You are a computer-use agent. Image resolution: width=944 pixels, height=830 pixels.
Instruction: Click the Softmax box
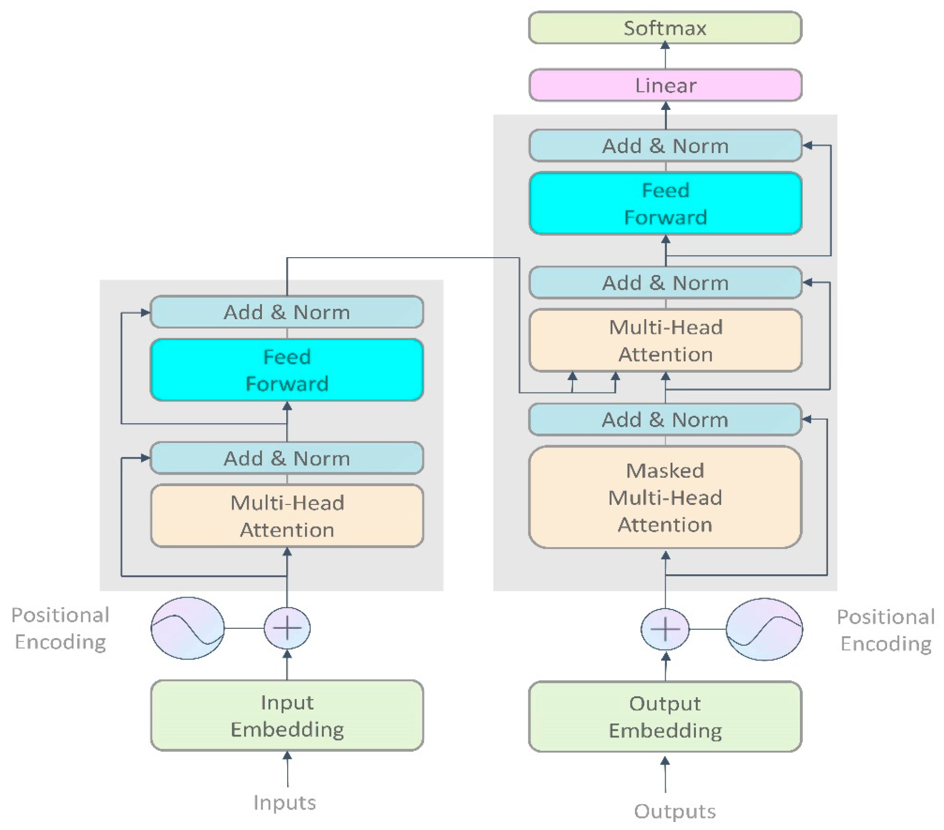(665, 28)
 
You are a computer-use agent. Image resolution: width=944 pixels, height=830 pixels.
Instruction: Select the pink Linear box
(665, 85)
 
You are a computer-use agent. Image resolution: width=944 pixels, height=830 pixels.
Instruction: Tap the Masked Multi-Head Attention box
(665, 497)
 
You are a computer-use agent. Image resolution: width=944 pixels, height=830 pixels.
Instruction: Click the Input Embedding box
(287, 715)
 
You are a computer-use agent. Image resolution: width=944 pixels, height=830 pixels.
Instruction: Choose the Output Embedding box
(665, 717)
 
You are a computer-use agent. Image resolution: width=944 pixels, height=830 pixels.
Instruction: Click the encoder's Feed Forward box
(287, 370)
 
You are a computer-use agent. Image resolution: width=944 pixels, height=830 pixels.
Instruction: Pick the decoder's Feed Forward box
(665, 203)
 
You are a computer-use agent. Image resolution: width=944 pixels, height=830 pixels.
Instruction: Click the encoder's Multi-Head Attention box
(287, 516)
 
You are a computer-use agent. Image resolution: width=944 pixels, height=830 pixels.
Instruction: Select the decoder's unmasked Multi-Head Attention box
(665, 340)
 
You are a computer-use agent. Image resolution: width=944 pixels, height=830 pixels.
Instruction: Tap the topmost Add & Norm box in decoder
(665, 146)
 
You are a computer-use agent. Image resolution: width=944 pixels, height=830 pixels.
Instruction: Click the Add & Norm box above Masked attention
(665, 420)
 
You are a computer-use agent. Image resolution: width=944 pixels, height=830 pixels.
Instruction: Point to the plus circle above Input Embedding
(287, 628)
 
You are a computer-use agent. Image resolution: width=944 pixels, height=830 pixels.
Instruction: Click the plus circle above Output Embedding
(665, 629)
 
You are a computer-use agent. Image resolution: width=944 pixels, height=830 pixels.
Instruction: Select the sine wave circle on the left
(188, 628)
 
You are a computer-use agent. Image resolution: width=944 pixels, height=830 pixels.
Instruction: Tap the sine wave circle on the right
(764, 629)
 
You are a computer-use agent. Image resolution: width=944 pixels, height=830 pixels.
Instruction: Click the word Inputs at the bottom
(284, 802)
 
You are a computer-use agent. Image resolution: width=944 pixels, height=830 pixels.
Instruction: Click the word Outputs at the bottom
(675, 811)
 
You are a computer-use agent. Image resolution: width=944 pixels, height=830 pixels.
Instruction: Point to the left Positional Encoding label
(60, 628)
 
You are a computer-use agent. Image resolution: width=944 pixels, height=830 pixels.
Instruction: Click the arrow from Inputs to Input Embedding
(287, 769)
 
